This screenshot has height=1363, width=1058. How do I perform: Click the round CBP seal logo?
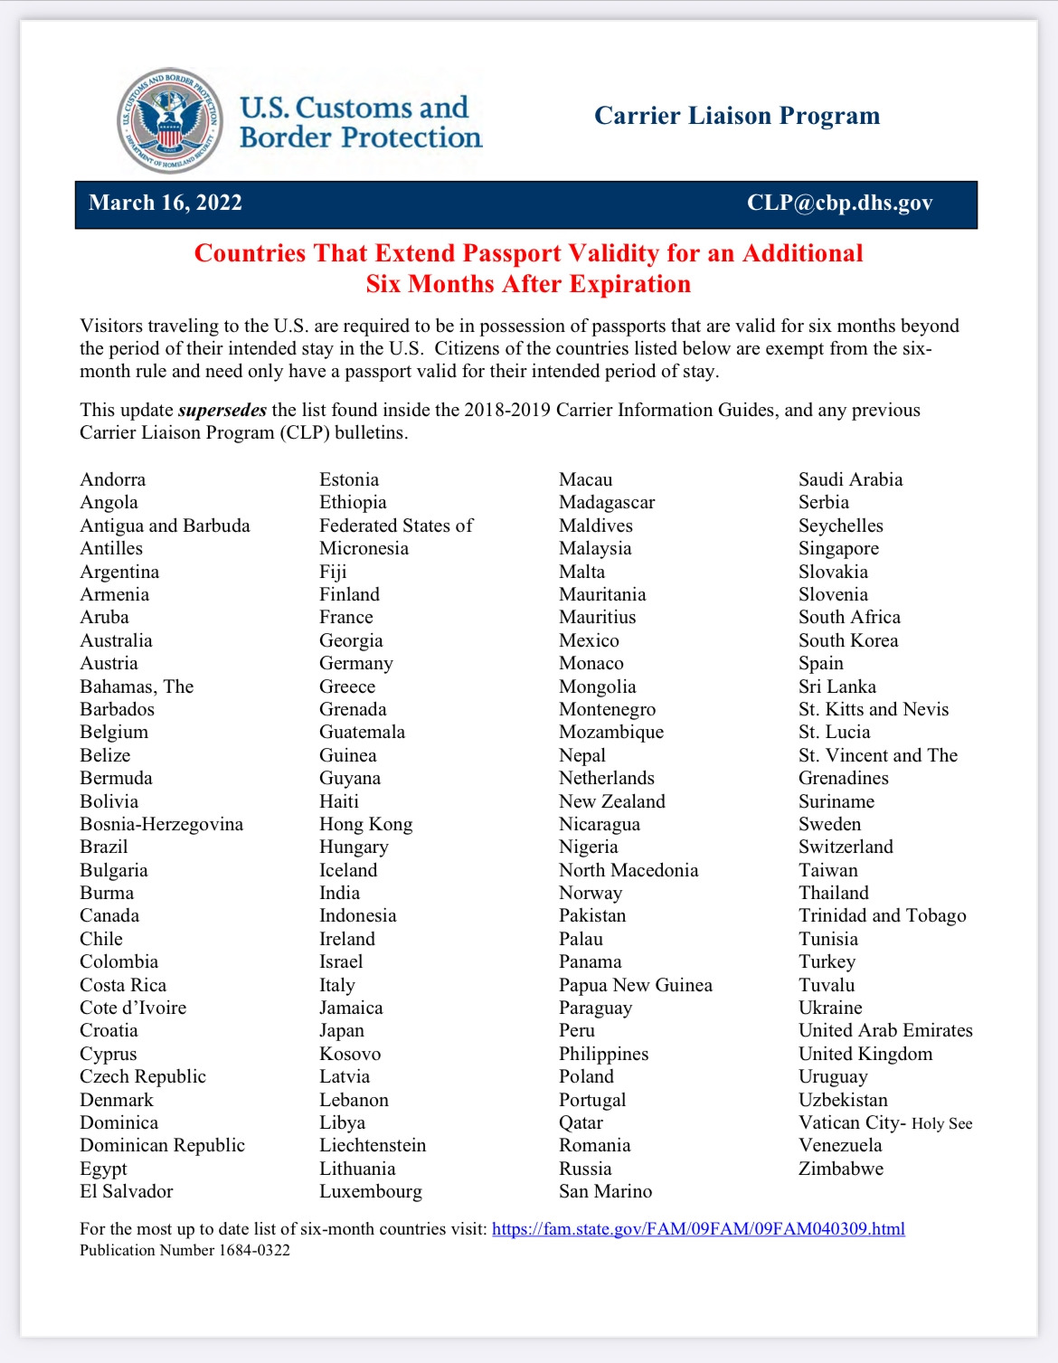point(170,120)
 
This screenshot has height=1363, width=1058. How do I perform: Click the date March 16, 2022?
point(165,203)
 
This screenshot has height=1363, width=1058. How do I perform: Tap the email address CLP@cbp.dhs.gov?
point(839,203)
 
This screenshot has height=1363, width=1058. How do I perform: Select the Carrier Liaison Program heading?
point(736,116)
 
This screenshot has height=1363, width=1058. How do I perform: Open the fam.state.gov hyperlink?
point(698,1228)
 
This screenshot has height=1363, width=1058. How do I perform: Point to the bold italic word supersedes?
point(222,410)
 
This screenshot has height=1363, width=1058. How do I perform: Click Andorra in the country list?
point(113,479)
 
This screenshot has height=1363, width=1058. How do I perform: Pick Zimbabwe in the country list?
point(841,1169)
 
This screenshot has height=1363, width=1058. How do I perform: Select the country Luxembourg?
point(371,1191)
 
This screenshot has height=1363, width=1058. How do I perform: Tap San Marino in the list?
point(605,1191)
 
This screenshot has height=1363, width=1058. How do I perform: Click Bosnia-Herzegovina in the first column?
point(162,824)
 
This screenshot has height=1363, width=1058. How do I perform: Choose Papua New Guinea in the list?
point(636,985)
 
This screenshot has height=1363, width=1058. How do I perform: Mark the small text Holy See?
point(942,1123)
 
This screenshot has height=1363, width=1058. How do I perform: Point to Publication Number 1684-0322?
point(185,1250)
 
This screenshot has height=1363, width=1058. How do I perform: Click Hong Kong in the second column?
point(366,824)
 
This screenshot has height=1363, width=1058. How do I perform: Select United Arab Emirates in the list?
point(885,1030)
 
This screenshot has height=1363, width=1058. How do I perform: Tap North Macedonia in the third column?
point(628,870)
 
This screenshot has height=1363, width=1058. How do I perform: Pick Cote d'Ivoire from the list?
point(133,1008)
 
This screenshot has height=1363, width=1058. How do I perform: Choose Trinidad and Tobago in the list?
point(883,915)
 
